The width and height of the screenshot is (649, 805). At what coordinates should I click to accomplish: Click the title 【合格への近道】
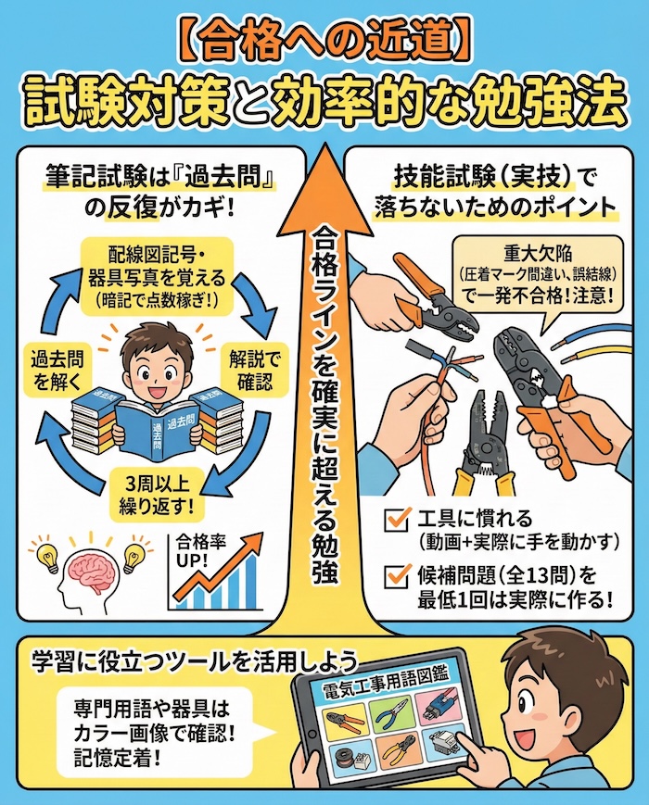324,40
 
